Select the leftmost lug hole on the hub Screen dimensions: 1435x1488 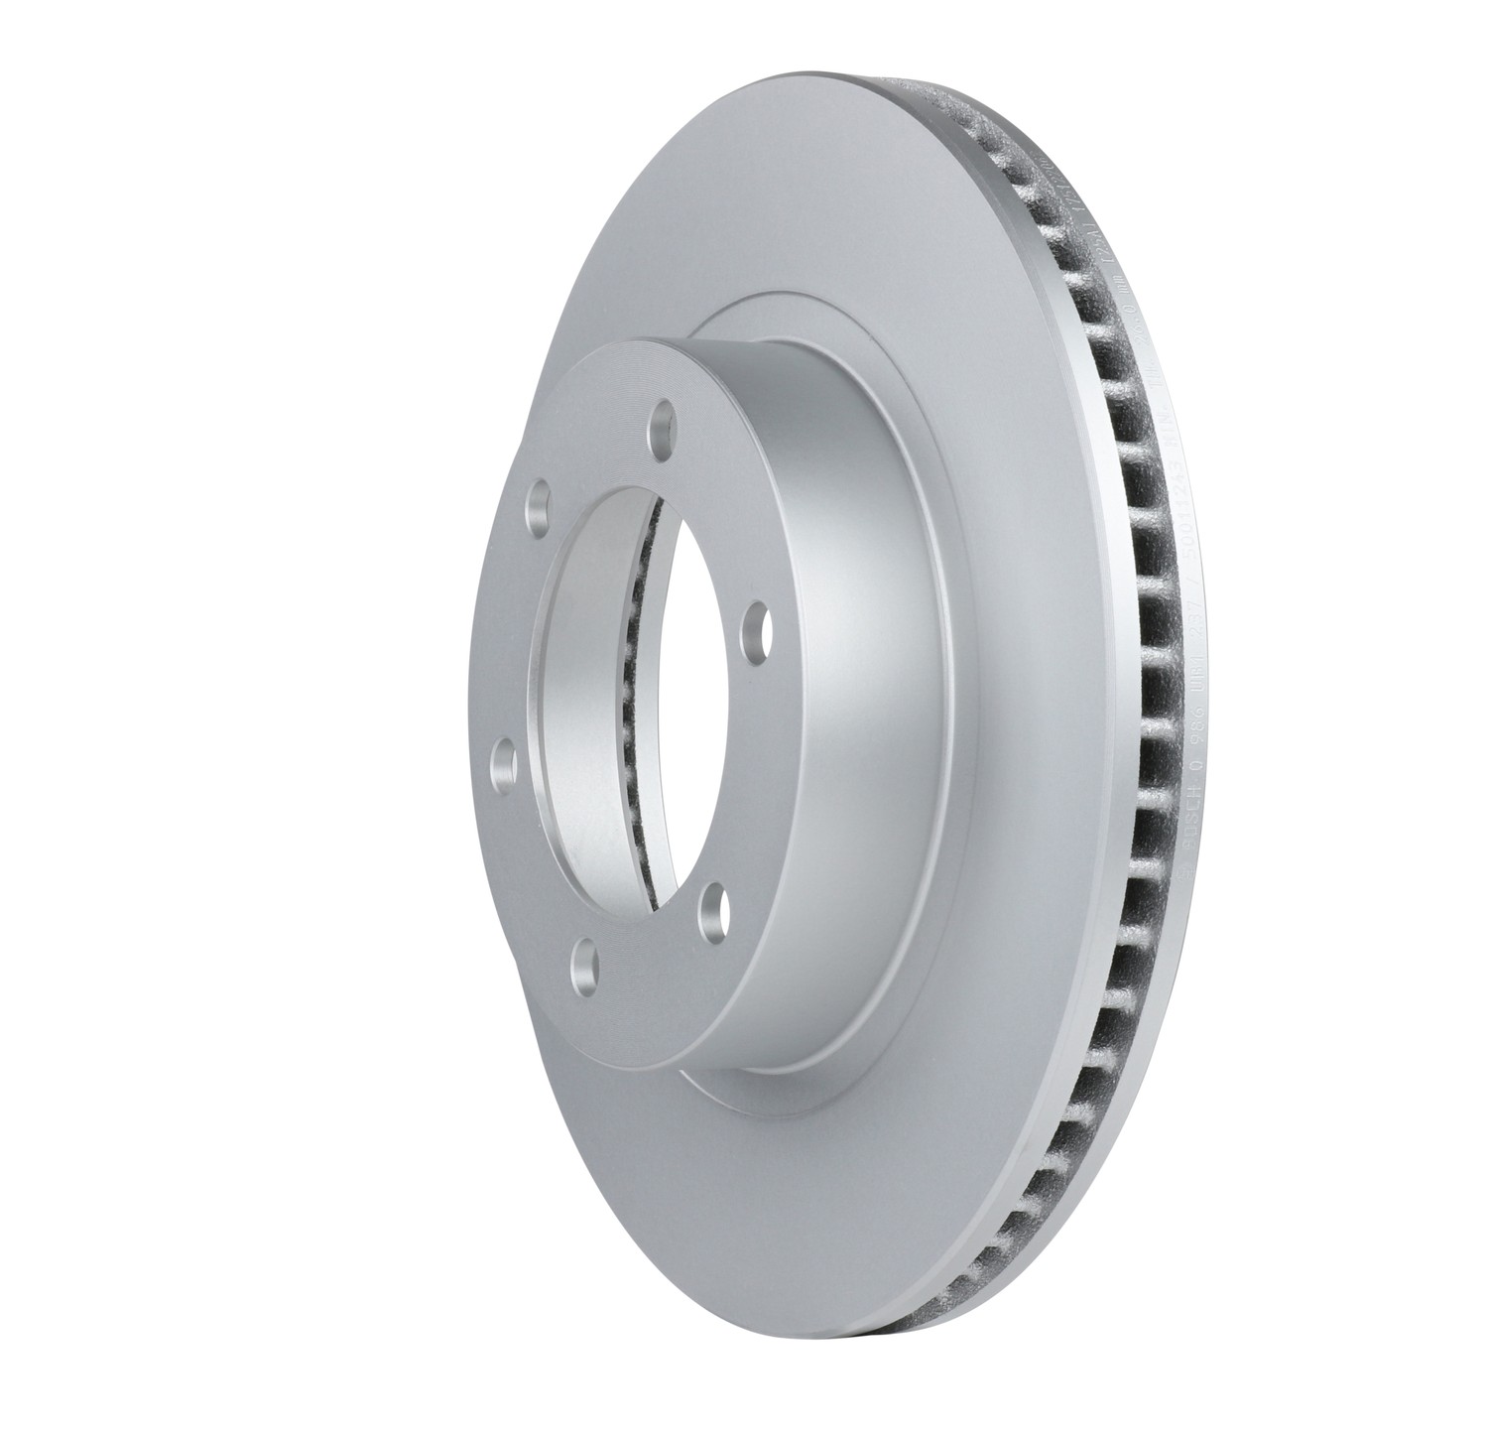pos(504,764)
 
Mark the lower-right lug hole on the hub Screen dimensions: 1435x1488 pos(710,910)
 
